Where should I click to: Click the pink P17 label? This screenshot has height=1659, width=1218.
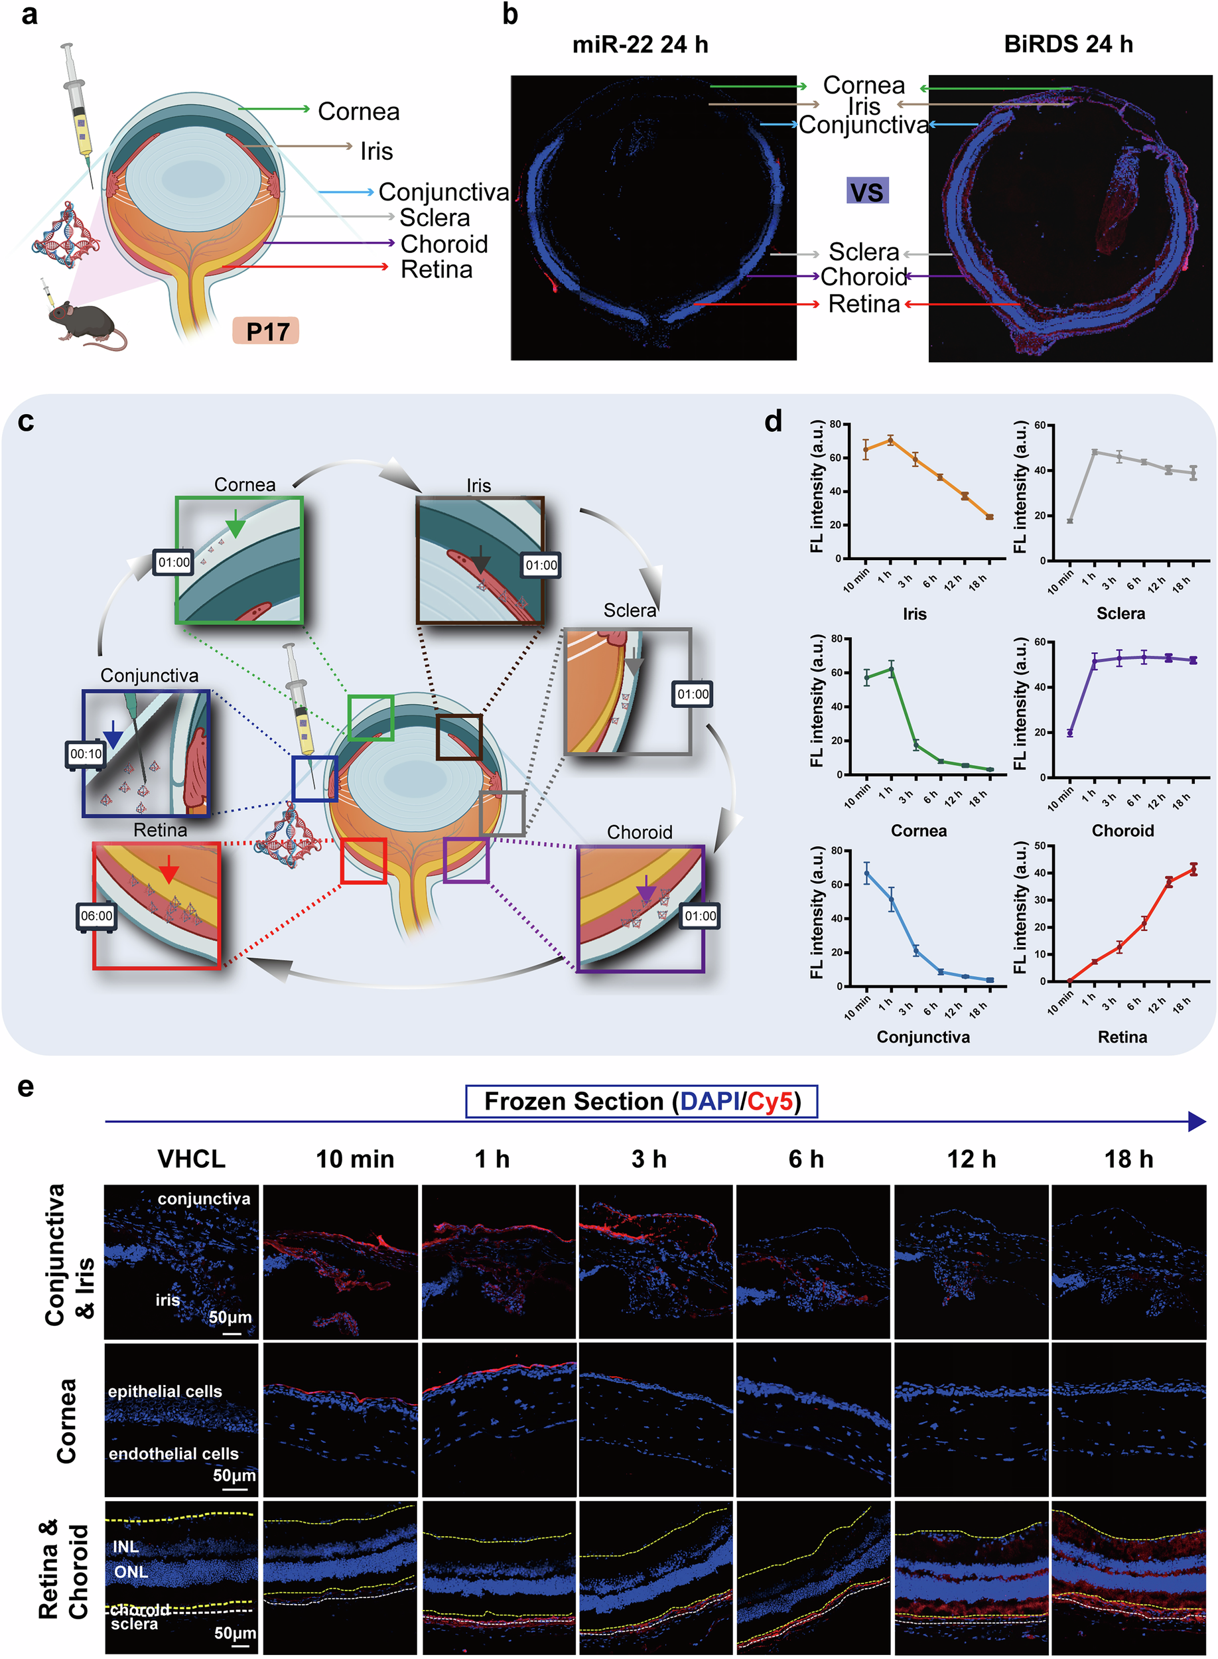[x=266, y=331]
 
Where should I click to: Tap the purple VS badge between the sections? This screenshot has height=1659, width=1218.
[x=867, y=191]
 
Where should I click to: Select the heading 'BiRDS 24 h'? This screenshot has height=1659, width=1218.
[x=1067, y=44]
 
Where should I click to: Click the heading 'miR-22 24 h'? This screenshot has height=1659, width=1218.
[x=640, y=44]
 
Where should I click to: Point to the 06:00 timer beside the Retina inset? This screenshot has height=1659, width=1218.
[x=97, y=916]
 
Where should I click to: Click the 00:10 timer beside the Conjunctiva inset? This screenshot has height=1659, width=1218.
[x=86, y=755]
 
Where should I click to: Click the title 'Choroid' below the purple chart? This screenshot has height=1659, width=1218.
[x=1122, y=831]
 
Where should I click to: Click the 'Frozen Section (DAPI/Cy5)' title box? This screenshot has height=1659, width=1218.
[x=642, y=1102]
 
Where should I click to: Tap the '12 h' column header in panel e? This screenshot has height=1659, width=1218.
[x=971, y=1159]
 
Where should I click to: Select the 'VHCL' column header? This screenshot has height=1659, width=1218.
[x=191, y=1159]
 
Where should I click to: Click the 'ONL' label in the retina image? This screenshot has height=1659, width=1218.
[x=131, y=1572]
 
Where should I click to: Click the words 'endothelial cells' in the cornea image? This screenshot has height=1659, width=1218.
[x=173, y=1453]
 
